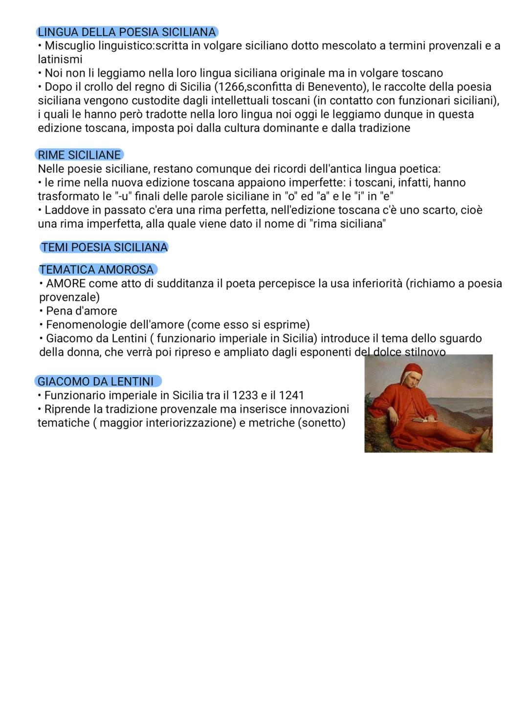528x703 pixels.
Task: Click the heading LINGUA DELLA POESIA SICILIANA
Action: [127, 32]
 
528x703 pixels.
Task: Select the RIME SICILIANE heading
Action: [79, 155]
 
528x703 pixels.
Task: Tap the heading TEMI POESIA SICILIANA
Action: [104, 247]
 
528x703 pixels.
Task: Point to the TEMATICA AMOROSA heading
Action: [97, 270]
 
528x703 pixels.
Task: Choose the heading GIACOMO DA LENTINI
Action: [96, 381]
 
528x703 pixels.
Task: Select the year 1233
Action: [244, 395]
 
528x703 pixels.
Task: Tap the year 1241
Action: [291, 395]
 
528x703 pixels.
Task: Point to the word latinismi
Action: [60, 60]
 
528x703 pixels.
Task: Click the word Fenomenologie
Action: [86, 325]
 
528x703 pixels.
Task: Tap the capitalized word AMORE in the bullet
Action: [66, 284]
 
